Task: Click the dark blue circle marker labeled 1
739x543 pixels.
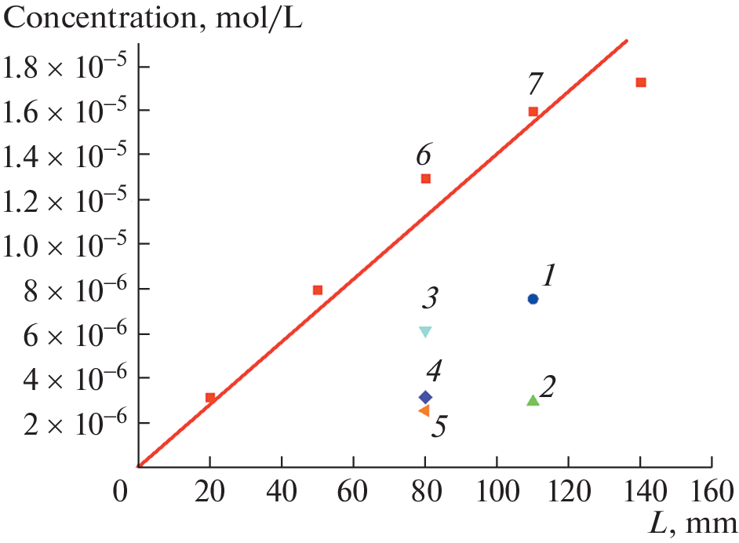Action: [x=533, y=299]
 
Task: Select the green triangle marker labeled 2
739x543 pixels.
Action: [x=533, y=401]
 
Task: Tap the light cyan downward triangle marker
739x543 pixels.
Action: [x=425, y=332]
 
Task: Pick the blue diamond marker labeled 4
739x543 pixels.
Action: [x=425, y=397]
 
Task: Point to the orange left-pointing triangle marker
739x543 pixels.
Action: [x=424, y=410]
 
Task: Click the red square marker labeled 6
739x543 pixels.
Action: [x=426, y=179]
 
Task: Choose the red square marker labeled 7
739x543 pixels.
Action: [x=533, y=111]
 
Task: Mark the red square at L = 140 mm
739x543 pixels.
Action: [x=641, y=82]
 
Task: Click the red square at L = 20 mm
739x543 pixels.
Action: [x=210, y=398]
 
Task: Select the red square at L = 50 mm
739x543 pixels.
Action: [x=318, y=290]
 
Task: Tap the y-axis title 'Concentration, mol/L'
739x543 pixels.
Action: [x=154, y=18]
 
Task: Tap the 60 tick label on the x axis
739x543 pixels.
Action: [x=353, y=497]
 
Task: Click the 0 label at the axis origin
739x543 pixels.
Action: [x=118, y=497]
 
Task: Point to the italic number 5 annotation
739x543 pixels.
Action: [x=439, y=428]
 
